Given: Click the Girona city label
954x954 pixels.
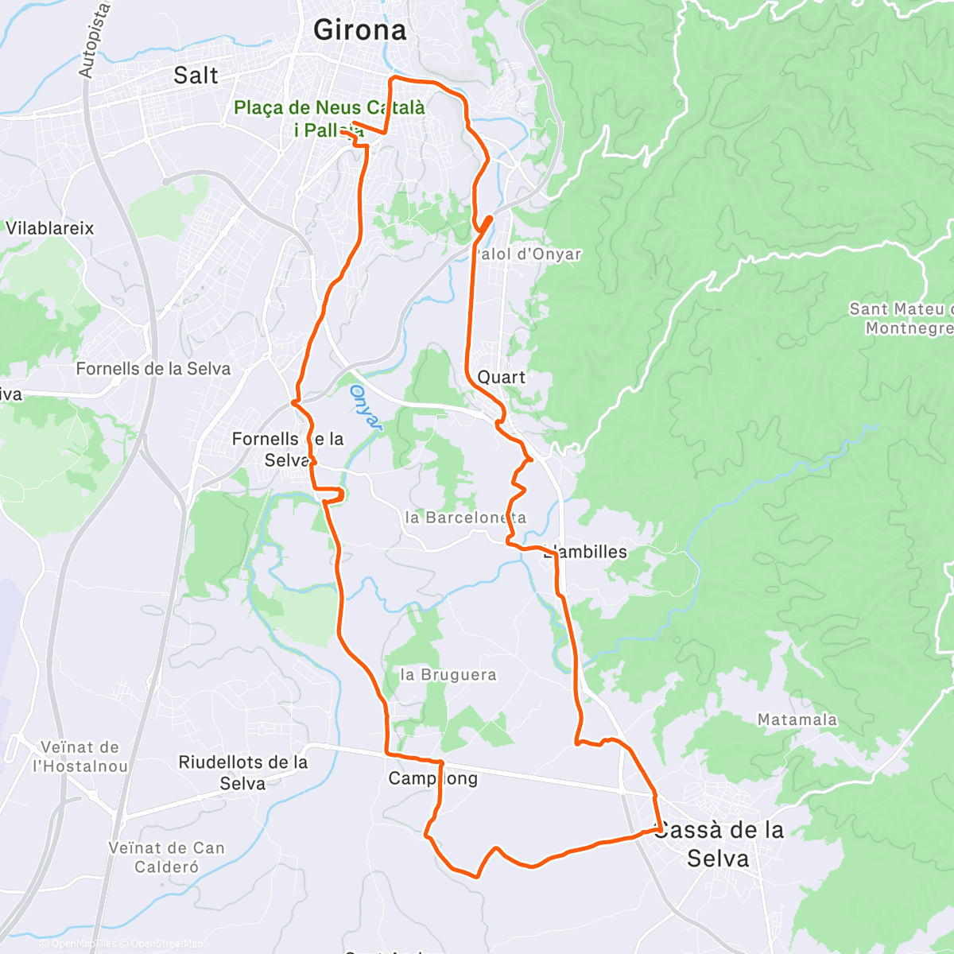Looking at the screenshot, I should [359, 30].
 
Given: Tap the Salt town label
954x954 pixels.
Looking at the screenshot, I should [196, 76].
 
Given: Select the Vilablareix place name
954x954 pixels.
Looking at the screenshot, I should [49, 229].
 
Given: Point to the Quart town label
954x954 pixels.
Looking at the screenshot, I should [501, 377].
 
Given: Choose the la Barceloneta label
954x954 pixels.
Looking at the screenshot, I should [465, 518].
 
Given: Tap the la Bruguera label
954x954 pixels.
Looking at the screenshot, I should [448, 675].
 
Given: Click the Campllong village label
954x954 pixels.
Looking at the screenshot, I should [432, 778].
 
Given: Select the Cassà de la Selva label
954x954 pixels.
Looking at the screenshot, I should [719, 844].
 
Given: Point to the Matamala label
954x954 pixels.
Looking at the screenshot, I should [797, 719].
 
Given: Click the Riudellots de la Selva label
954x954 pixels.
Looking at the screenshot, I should [242, 773].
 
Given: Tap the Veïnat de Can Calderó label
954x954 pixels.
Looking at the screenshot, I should [167, 857].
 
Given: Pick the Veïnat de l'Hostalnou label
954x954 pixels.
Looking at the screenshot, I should [79, 757].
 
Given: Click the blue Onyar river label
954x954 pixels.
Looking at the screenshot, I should [365, 408].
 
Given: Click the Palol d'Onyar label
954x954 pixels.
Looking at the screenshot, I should [528, 254].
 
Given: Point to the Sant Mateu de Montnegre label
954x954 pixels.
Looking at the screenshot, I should [902, 318].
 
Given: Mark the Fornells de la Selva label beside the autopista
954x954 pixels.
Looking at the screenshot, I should [153, 369].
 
